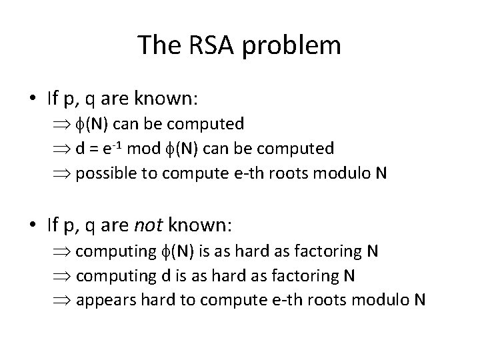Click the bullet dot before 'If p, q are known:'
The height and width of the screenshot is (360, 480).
tap(32, 99)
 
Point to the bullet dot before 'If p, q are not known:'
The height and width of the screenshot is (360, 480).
tap(32, 226)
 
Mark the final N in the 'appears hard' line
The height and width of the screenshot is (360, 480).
tap(419, 299)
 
